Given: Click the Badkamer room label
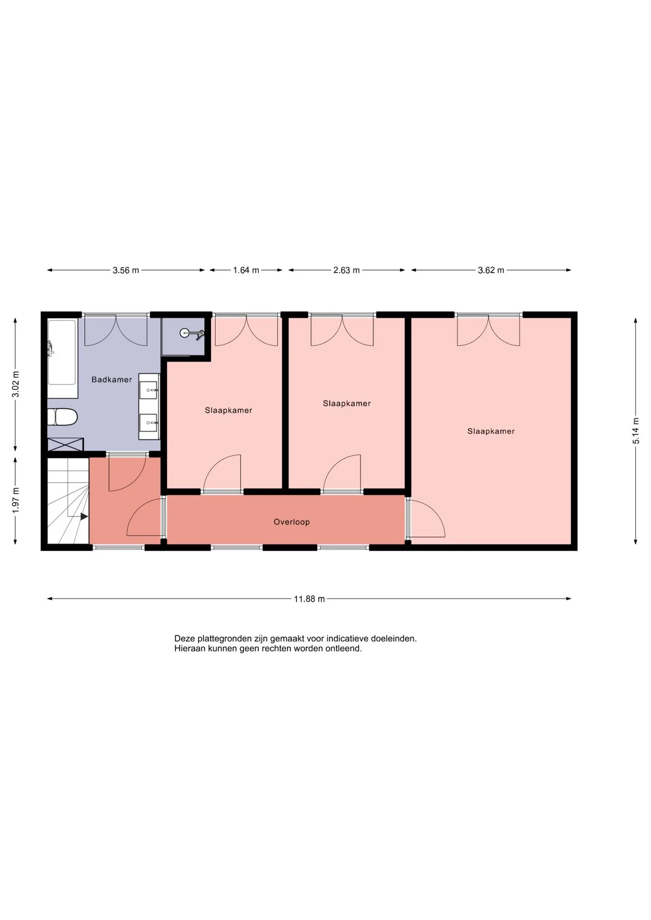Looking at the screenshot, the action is [x=112, y=379].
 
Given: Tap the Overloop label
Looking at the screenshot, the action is [x=291, y=522].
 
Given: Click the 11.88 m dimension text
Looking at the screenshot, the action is [x=309, y=598].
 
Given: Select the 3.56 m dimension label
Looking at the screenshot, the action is [x=126, y=270].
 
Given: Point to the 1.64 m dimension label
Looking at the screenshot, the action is [x=246, y=270].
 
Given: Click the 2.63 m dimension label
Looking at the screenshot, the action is [x=347, y=270].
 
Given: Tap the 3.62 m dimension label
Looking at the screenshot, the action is [x=491, y=270].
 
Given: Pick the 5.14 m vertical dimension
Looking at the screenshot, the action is [x=636, y=431].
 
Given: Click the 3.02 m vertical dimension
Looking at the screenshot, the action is [x=16, y=384].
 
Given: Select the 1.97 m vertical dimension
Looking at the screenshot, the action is [x=16, y=500].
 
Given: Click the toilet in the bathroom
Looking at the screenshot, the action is [x=62, y=417].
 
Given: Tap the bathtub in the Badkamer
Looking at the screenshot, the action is [x=62, y=353].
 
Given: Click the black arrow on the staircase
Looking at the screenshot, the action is [x=84, y=517].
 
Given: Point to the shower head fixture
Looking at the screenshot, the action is [x=192, y=333].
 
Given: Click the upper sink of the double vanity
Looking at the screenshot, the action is [x=149, y=390].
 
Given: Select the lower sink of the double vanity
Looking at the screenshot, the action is [x=149, y=423].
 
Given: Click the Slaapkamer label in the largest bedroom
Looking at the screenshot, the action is [x=491, y=431].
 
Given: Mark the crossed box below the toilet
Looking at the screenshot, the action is [x=65, y=444].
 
